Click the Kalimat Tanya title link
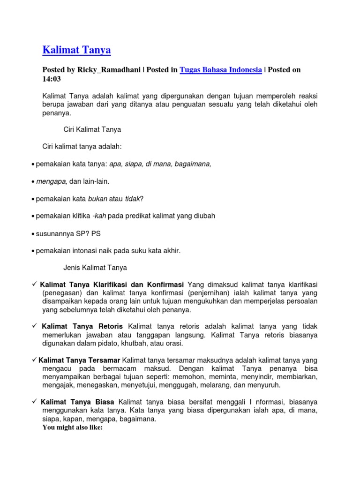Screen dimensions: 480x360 click(76, 50)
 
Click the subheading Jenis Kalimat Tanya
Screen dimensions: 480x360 click(95, 268)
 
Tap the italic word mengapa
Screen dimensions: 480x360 click(52, 181)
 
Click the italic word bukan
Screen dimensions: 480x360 click(97, 199)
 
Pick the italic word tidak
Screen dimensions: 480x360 click(132, 199)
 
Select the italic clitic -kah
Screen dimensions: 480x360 click(99, 216)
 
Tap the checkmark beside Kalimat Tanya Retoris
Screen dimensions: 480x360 click(34, 326)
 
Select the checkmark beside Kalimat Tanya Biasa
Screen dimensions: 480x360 click(34, 402)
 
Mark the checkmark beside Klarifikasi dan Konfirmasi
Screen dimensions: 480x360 click(34, 284)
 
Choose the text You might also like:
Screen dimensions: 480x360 click(72, 427)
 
